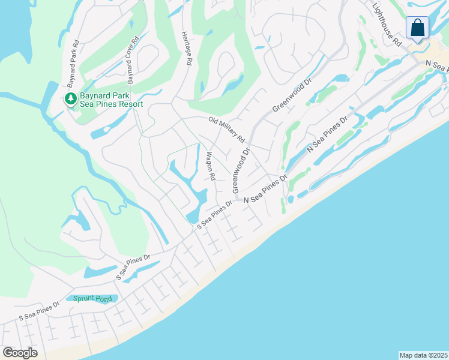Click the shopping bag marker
click(x=417, y=28)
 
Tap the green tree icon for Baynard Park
click(x=70, y=98)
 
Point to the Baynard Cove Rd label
click(x=132, y=59)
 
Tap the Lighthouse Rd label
click(x=387, y=25)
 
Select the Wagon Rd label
click(x=210, y=166)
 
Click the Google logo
click(x=20, y=353)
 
